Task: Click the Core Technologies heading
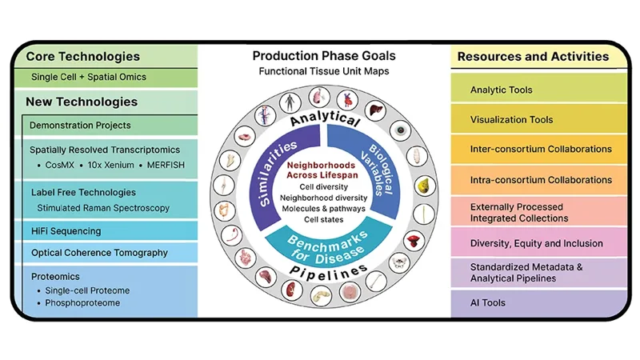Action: [x=82, y=57]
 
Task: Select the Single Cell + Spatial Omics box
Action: [x=88, y=78]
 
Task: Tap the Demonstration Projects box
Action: [x=80, y=126]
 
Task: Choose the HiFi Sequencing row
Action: [x=66, y=231]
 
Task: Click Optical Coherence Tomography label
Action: [x=98, y=253]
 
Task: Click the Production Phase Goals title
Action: [x=324, y=56]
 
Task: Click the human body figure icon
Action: [x=289, y=103]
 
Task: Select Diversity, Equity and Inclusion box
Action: [x=536, y=243]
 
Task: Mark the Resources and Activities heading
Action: [x=532, y=57]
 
